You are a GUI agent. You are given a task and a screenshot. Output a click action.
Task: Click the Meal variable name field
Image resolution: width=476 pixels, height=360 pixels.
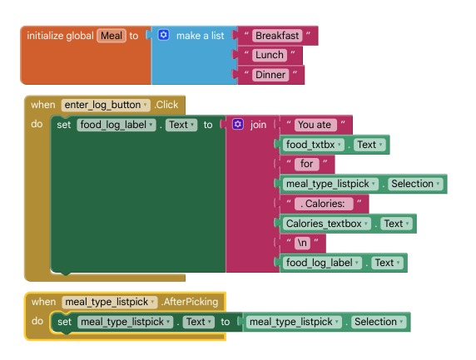click(112, 36)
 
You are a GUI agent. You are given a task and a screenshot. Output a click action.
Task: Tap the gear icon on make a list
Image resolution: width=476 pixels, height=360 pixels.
click(163, 35)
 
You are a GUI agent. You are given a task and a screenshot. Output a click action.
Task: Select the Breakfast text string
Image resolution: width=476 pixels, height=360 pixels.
click(277, 36)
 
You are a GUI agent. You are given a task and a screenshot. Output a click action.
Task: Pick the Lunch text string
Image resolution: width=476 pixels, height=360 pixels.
click(270, 55)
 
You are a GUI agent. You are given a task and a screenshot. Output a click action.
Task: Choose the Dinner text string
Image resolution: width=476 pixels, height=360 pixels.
click(270, 75)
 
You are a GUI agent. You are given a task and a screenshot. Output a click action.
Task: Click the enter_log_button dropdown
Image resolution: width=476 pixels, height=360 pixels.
click(106, 105)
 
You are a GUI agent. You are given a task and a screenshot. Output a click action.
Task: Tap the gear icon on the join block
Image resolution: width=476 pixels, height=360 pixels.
click(238, 124)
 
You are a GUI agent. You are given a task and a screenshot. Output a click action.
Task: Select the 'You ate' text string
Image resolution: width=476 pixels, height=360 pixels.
click(315, 125)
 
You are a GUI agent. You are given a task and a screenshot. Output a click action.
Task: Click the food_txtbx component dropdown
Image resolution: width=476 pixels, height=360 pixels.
click(314, 145)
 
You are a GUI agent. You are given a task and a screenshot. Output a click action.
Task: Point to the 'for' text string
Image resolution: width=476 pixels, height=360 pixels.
click(306, 164)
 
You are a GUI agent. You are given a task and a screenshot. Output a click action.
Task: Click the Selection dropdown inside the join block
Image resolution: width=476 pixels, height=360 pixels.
click(415, 184)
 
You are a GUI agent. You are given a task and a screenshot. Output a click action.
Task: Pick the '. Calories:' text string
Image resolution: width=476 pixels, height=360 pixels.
click(324, 204)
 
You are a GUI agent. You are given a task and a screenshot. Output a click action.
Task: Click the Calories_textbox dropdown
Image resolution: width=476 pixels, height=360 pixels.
click(327, 224)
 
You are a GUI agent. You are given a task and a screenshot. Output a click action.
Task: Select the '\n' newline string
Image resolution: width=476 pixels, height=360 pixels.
click(302, 243)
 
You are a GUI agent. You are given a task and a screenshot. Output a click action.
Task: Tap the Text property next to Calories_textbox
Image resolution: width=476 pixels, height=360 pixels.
click(396, 224)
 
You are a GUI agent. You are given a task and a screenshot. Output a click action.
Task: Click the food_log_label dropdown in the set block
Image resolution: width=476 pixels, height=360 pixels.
click(117, 125)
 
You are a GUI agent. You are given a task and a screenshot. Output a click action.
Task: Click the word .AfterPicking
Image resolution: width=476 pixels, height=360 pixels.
click(190, 302)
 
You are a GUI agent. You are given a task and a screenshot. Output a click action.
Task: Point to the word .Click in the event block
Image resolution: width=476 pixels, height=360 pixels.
click(166, 105)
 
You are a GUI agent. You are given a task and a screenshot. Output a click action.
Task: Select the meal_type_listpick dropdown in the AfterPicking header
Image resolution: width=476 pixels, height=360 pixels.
click(110, 302)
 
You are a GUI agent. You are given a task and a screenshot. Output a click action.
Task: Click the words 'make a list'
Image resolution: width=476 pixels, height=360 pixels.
click(201, 36)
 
